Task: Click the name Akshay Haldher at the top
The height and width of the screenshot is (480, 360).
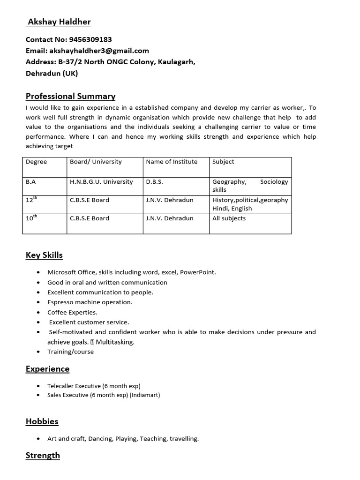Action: point(59,22)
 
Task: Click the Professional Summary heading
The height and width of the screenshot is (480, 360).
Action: point(70,96)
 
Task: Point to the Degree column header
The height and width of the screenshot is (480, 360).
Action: point(36,162)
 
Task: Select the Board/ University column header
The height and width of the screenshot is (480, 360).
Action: point(96,162)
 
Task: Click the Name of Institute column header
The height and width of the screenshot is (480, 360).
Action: point(172,162)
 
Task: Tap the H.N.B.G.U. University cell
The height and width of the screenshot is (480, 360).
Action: point(101,182)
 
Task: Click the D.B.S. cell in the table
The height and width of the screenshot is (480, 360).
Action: point(155,182)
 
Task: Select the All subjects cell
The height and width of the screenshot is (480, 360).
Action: point(229,218)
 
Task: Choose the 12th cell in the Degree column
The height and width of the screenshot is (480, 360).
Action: point(31,200)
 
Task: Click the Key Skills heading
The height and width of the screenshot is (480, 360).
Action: point(44,255)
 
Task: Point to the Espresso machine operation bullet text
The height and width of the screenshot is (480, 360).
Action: point(90,302)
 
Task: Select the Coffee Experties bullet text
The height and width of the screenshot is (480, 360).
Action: point(72,312)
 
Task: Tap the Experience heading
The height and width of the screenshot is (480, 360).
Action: point(47,369)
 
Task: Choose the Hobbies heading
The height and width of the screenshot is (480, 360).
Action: point(42,421)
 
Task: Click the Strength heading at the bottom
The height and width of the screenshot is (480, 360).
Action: point(43,456)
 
